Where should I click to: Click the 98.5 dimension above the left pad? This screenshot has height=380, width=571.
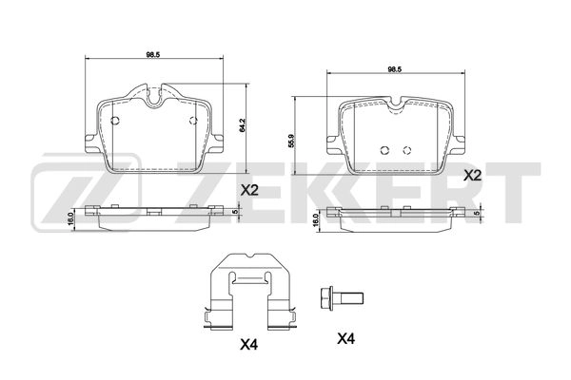pos(151,54)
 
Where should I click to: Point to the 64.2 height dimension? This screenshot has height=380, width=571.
pos(244,123)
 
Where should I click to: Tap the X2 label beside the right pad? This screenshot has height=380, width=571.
pos(472,176)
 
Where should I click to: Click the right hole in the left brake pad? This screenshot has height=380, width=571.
pos(193,120)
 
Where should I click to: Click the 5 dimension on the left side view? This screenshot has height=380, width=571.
pos(236,212)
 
